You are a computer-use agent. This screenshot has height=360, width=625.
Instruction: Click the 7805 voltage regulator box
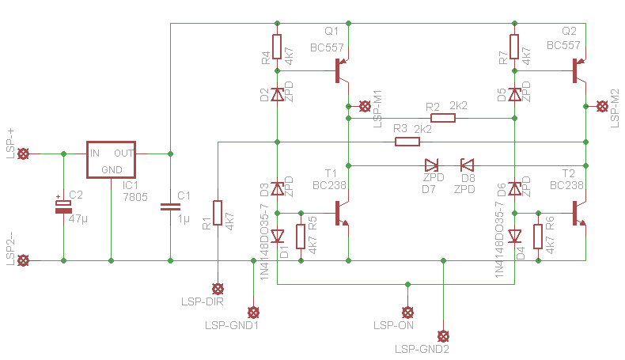click(112, 160)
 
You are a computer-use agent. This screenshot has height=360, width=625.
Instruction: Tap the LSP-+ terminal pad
click(24, 153)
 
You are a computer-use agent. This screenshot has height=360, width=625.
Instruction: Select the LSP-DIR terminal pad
click(218, 289)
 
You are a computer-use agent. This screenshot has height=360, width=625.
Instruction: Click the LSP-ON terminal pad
click(407, 313)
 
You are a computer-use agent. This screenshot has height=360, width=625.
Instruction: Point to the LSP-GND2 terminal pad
click(443, 336)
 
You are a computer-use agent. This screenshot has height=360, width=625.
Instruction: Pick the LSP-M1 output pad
click(365, 107)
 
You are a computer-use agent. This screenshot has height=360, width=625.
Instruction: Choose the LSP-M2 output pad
click(602, 107)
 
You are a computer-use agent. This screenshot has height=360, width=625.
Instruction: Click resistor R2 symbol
click(443, 118)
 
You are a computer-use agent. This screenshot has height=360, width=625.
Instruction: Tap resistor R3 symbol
click(407, 142)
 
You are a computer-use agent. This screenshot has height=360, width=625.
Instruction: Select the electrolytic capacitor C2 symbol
click(63, 207)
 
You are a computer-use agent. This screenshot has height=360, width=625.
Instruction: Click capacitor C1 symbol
click(170, 207)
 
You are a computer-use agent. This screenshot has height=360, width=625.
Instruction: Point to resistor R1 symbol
click(218, 213)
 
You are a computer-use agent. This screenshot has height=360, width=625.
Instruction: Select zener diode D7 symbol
click(432, 165)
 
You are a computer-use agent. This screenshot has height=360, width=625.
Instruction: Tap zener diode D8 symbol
click(467, 165)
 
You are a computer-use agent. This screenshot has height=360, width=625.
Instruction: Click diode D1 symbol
click(278, 237)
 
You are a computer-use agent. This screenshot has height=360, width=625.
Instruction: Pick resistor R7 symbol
click(514, 47)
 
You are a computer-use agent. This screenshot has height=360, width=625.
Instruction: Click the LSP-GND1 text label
click(232, 325)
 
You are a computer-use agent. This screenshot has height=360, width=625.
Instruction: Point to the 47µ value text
click(78, 219)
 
